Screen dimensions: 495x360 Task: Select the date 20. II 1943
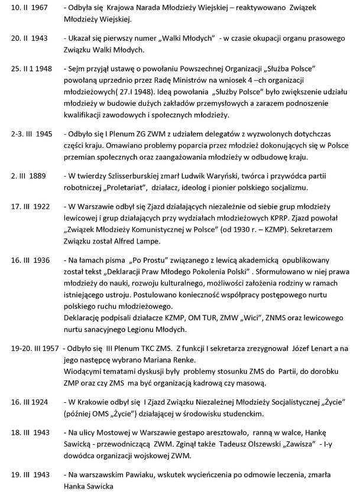(22, 38)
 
